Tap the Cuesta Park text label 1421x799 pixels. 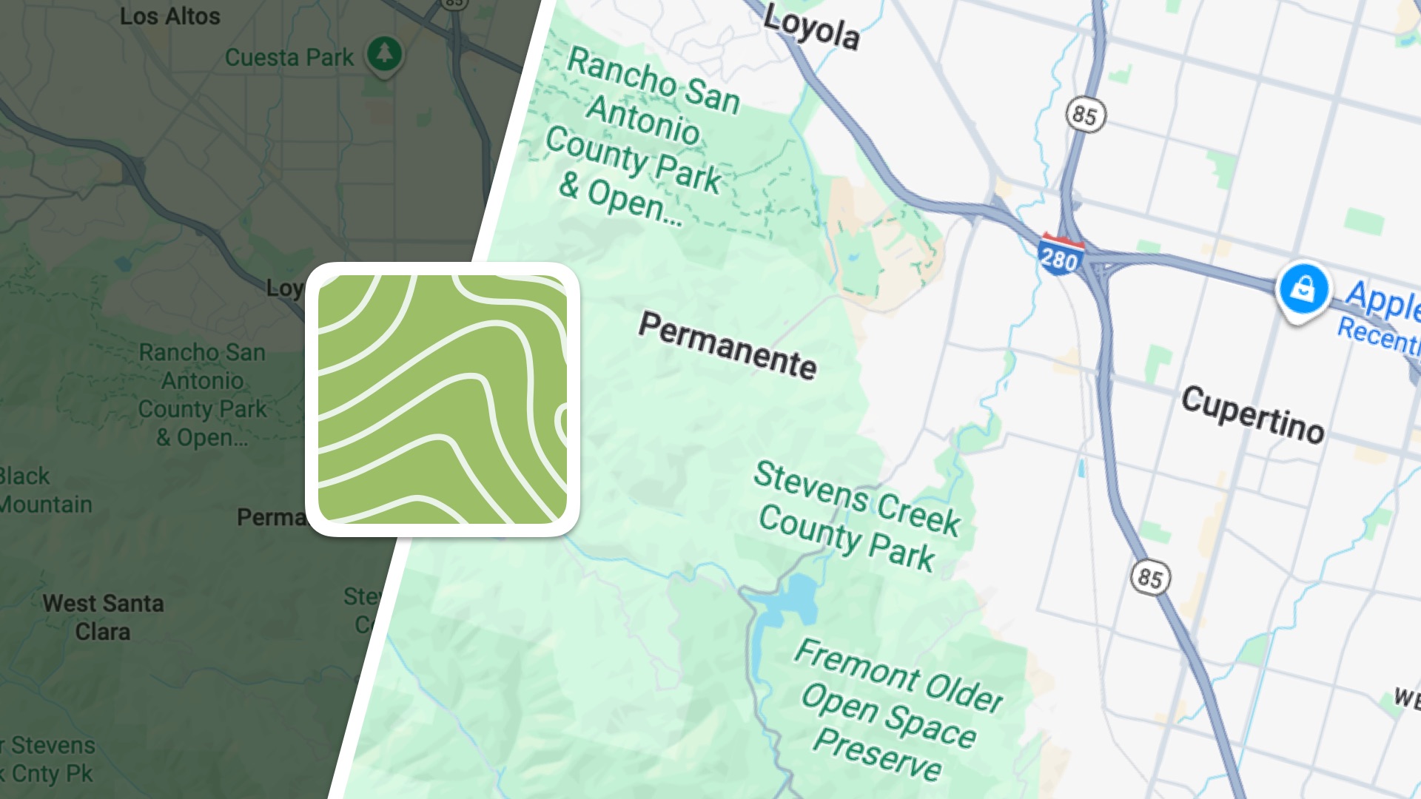tap(289, 58)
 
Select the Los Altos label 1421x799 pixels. tap(169, 16)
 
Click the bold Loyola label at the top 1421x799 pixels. tap(811, 28)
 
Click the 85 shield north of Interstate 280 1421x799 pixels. tap(1085, 115)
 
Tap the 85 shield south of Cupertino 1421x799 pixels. tap(1149, 577)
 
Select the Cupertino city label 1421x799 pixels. tap(1252, 414)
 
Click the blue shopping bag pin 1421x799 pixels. tap(1303, 289)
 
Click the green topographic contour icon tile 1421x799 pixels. tap(443, 399)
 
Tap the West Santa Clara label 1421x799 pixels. tap(103, 618)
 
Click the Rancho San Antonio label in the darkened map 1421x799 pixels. tap(202, 394)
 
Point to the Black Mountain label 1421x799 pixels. tap(44, 490)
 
